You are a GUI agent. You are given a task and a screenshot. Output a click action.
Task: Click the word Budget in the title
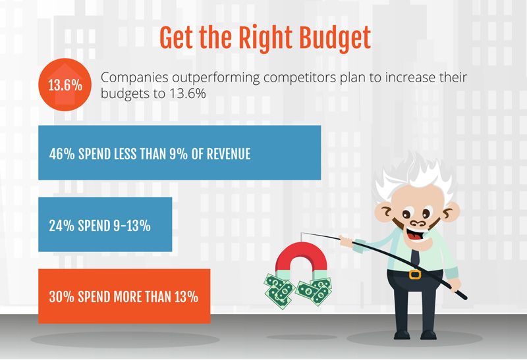tap(335, 39)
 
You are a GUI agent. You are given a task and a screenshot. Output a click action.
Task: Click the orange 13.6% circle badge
tap(65, 85)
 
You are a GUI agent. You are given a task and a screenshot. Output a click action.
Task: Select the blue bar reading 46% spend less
tap(179, 153)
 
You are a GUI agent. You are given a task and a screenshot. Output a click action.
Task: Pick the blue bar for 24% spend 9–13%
tap(105, 224)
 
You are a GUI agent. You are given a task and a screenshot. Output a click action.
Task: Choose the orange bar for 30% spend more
tap(125, 296)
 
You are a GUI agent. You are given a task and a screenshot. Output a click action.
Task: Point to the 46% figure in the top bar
tap(62, 154)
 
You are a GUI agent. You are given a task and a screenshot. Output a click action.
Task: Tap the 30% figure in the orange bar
tap(61, 297)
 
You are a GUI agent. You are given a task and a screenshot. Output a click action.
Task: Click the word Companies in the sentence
tap(134, 78)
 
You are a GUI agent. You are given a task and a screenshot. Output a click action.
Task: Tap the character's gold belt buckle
tap(415, 274)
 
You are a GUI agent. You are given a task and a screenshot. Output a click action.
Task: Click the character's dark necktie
tap(416, 257)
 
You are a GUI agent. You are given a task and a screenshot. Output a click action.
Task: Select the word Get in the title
tap(176, 39)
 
